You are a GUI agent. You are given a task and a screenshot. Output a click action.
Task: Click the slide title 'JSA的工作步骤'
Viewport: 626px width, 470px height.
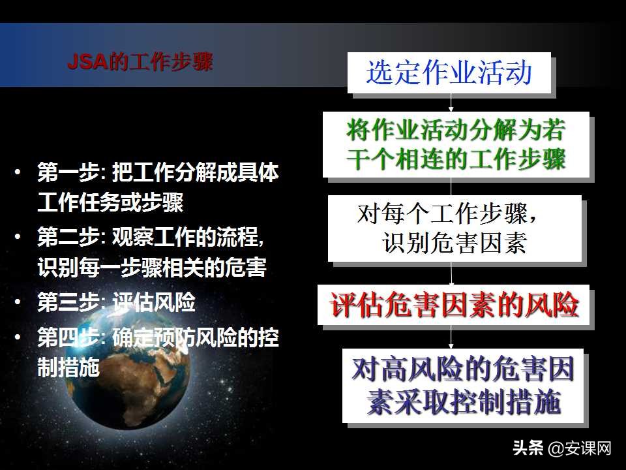coord(140,63)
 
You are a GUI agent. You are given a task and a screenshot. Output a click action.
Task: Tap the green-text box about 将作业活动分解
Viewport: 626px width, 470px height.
coord(456,144)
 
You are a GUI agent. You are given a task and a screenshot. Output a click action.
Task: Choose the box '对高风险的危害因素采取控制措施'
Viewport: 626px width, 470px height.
coord(463,386)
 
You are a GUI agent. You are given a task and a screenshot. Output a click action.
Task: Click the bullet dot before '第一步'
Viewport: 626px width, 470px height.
coord(22,173)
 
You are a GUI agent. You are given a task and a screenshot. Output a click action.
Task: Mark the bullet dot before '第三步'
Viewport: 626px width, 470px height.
coord(22,303)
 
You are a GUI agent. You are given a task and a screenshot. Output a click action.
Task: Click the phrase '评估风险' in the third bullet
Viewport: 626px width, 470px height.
coord(154,303)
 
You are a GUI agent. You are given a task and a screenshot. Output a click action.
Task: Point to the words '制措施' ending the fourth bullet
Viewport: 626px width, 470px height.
coord(68,368)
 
